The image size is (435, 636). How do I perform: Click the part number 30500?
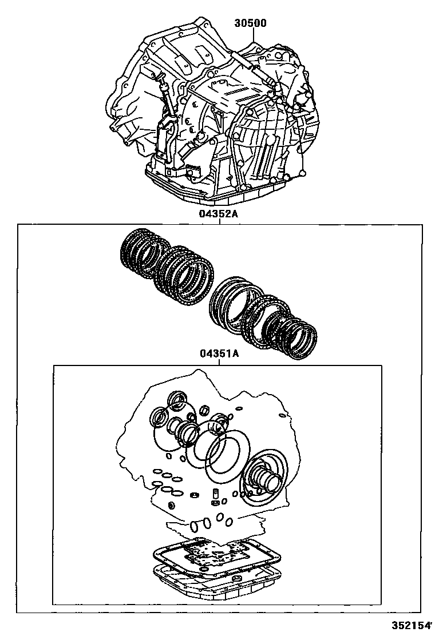[250, 23]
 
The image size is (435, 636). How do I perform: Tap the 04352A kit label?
[218, 214]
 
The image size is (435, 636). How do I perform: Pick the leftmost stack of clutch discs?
[145, 253]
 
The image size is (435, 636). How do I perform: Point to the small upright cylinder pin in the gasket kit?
[216, 494]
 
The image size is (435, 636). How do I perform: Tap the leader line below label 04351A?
[219, 362]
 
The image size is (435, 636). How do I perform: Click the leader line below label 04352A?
[219, 221]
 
